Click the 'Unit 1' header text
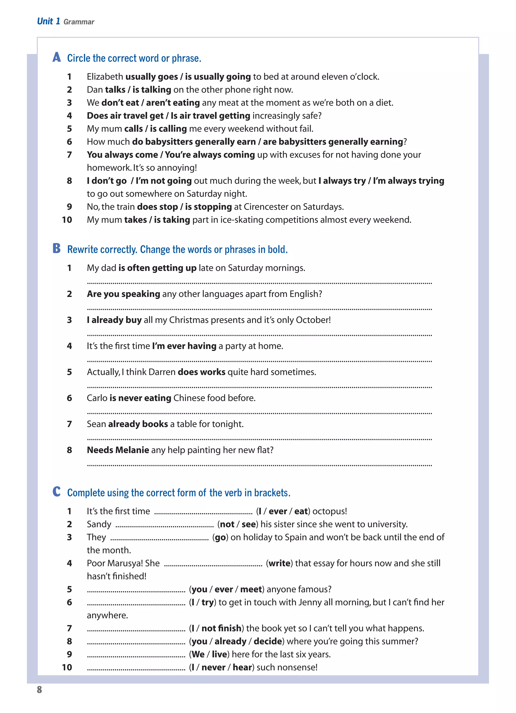(48, 21)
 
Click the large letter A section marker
(57, 57)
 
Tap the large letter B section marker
(57, 248)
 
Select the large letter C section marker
(57, 491)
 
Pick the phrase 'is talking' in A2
(152, 90)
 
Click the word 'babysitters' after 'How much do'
(169, 142)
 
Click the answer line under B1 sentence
(259, 283)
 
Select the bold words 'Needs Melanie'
(118, 450)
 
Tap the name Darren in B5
(162, 372)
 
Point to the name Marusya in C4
(126, 563)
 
